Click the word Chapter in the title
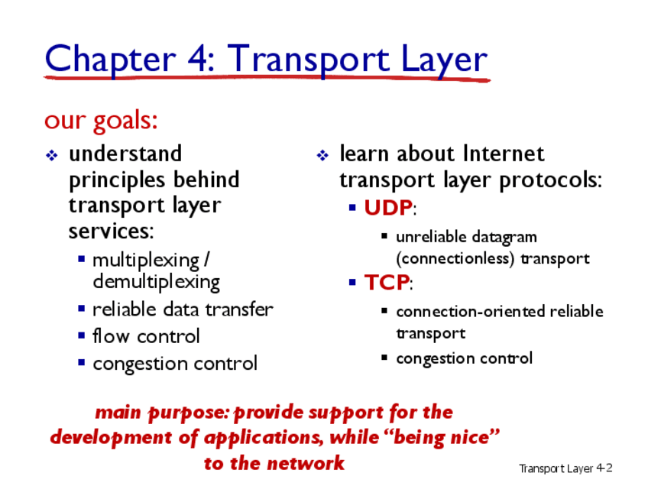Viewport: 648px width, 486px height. [111, 60]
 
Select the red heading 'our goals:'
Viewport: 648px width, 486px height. [101, 121]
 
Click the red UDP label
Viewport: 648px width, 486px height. [388, 207]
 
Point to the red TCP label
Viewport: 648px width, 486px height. [387, 283]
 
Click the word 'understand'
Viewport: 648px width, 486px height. [125, 154]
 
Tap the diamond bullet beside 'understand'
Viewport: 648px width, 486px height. [52, 155]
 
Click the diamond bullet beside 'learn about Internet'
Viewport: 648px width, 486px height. [322, 155]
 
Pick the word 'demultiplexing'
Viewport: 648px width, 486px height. [156, 283]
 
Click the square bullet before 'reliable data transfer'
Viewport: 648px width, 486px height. [82, 308]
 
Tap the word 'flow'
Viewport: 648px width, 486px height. [111, 335]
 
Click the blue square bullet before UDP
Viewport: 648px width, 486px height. [352, 207]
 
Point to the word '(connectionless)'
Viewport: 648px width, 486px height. [455, 259]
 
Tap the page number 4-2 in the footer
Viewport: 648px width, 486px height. [604, 468]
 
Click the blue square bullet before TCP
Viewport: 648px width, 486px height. [352, 283]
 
